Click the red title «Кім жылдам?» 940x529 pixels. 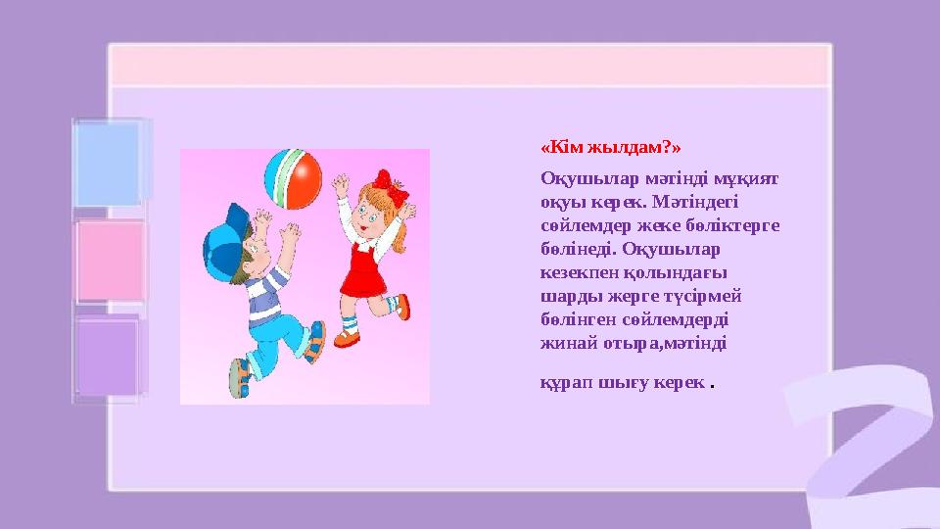click(611, 148)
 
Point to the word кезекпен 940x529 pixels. click(573, 273)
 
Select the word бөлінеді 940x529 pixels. click(578, 250)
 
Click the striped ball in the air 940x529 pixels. click(293, 177)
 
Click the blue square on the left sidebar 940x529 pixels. click(108, 163)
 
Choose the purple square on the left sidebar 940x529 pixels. click(108, 357)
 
